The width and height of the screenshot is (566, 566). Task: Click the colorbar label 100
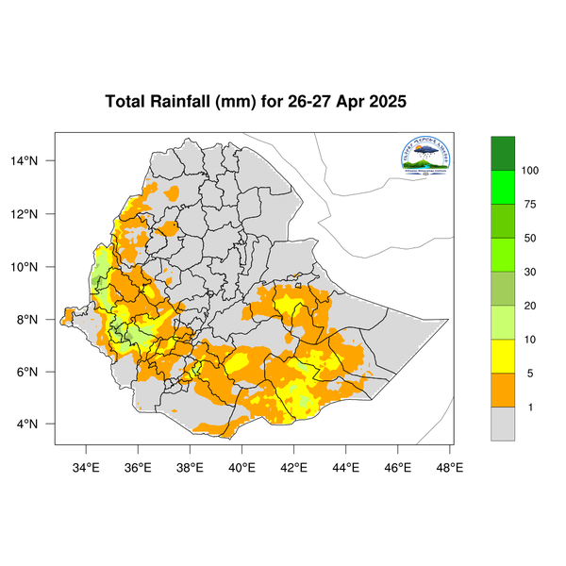click(x=530, y=171)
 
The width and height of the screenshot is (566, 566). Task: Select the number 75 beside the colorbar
click(x=530, y=205)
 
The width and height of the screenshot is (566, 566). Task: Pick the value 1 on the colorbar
click(x=530, y=408)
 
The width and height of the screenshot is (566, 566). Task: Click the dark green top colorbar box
click(x=503, y=153)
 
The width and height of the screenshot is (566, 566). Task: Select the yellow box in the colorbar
click(x=503, y=357)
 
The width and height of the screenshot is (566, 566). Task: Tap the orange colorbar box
click(x=503, y=391)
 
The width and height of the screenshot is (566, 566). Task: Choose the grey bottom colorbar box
click(x=503, y=424)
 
